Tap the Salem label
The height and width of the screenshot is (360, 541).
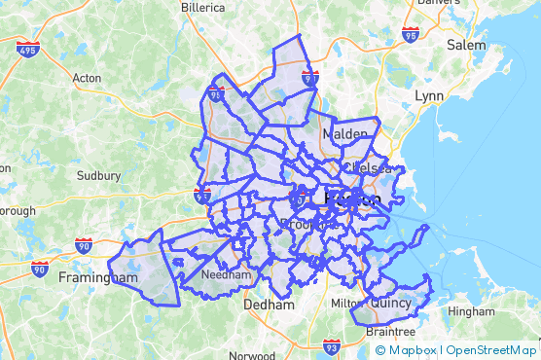click(466, 45)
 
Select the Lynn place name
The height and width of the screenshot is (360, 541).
click(428, 96)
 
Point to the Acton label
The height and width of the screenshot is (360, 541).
click(87, 77)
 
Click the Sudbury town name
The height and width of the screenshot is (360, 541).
click(99, 176)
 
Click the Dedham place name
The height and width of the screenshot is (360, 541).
click(269, 305)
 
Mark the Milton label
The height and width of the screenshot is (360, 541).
click(345, 304)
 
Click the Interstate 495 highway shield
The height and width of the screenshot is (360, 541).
click(28, 49)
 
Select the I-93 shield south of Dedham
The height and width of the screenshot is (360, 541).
click(332, 346)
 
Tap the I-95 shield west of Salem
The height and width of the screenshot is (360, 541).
click(410, 35)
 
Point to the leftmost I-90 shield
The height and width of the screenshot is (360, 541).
click(40, 269)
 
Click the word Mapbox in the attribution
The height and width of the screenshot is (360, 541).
click(413, 350)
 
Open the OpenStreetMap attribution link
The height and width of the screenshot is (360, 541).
click(491, 350)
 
